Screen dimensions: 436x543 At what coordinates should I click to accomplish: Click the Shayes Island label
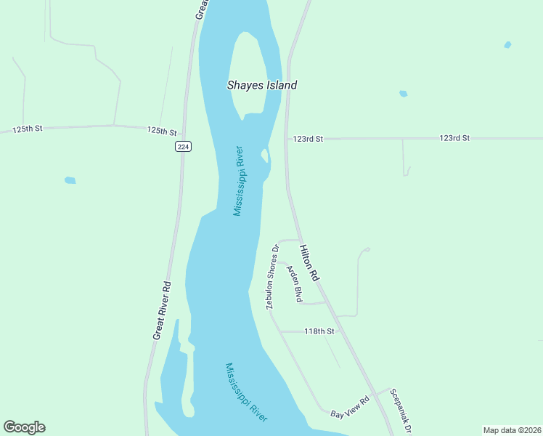point(262,85)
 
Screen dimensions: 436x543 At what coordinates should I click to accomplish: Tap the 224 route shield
point(183,146)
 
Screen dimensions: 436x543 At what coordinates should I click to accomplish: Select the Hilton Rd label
point(309,262)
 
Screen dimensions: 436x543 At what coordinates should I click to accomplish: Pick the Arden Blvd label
point(294,284)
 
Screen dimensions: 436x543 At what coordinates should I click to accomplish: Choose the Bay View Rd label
point(350,407)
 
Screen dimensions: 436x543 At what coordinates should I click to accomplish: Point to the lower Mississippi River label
point(247,392)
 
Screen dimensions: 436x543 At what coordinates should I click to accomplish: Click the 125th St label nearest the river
point(162,131)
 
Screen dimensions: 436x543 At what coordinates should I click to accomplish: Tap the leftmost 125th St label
point(28,129)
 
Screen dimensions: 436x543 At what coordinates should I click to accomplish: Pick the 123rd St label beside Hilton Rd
point(308,138)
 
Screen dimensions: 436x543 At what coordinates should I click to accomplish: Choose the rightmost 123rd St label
point(454,137)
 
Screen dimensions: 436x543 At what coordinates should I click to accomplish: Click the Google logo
point(24,427)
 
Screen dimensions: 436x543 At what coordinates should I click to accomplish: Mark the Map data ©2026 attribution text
point(512,430)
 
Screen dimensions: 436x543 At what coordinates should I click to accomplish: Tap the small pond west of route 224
point(70,179)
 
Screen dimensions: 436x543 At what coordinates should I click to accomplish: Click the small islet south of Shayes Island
point(264,155)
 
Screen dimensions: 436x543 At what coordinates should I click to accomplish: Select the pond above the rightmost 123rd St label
point(403,94)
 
